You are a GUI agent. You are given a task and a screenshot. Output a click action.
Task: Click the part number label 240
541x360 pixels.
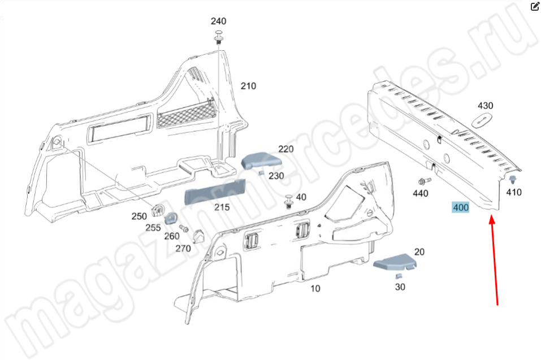(218, 21)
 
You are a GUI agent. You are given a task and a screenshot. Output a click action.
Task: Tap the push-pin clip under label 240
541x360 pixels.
(218, 40)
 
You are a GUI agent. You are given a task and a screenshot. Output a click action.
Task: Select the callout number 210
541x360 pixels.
(248, 86)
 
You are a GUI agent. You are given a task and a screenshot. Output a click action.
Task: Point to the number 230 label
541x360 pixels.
(276, 176)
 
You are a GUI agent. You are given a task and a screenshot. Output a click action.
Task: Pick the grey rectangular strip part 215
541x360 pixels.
(215, 191)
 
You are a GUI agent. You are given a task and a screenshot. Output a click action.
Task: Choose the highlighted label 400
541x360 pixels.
(460, 207)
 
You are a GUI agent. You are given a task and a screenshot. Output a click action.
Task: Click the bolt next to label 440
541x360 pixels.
(423, 181)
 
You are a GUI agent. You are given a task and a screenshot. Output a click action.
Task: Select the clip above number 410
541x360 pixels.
(512, 180)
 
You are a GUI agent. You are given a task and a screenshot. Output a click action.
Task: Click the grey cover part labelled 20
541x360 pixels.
(395, 263)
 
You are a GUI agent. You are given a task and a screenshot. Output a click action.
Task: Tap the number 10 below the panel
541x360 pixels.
(315, 289)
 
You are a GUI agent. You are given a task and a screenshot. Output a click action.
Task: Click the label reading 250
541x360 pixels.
(139, 216)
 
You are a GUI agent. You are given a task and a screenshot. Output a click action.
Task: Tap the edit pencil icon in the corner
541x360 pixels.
(535, 7)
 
